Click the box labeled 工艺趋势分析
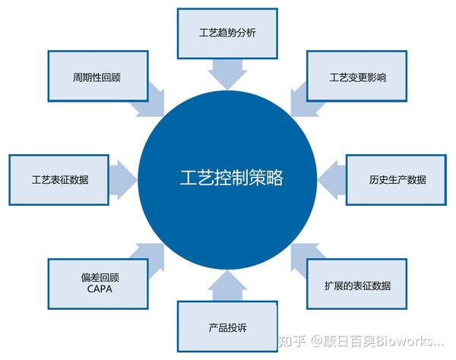tap(227, 33)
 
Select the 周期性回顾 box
tap(98, 76)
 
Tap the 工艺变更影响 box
tap(357, 76)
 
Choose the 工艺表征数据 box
tap(59, 180)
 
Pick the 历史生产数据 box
tap(396, 180)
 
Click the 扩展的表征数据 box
tap(357, 284)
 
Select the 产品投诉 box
tap(227, 327)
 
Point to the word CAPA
tap(100, 289)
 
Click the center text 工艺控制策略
tap(231, 178)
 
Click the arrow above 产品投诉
tap(227, 286)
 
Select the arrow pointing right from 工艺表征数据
tap(123, 180)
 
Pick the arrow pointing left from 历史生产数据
tap(332, 180)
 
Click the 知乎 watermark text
tap(292, 341)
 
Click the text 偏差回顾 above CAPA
tap(100, 278)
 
